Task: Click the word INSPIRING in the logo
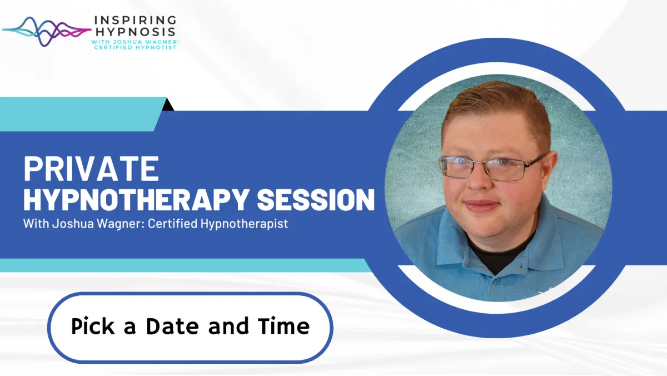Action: click(135, 20)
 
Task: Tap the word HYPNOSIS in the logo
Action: click(135, 31)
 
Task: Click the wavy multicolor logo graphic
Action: click(47, 32)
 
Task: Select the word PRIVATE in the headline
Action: click(91, 169)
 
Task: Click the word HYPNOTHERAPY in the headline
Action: click(136, 199)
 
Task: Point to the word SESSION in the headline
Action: click(316, 199)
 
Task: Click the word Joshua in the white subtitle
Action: click(73, 224)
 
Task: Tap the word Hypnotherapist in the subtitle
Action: click(244, 224)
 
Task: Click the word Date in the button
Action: click(172, 326)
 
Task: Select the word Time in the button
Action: click(284, 326)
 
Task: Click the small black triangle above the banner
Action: click(168, 105)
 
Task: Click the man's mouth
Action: click(481, 206)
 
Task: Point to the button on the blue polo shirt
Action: click(496, 281)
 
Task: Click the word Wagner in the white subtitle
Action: click(121, 224)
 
